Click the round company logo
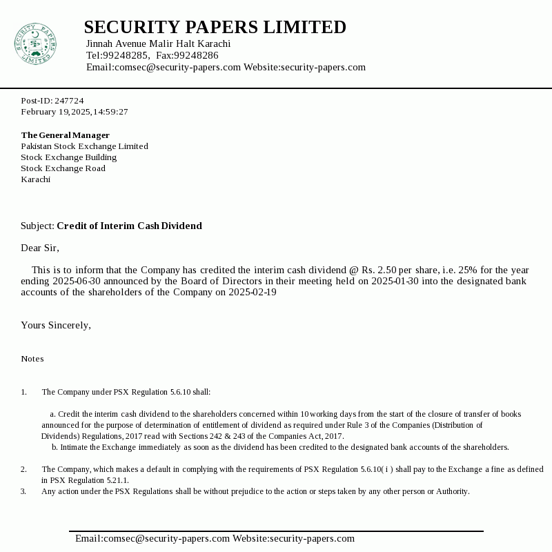(x=35, y=44)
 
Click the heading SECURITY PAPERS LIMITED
(x=215, y=28)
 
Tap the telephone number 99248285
(x=126, y=55)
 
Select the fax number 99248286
(x=196, y=55)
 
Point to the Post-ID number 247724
(x=69, y=101)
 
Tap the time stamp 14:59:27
(x=110, y=112)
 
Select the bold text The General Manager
(x=65, y=135)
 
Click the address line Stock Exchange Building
(x=68, y=157)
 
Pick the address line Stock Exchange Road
(x=63, y=168)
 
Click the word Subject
(x=37, y=226)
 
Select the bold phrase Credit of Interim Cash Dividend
(x=129, y=226)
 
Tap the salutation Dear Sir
(x=39, y=248)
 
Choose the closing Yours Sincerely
(x=55, y=325)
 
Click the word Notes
(x=32, y=359)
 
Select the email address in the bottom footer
(x=152, y=538)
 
